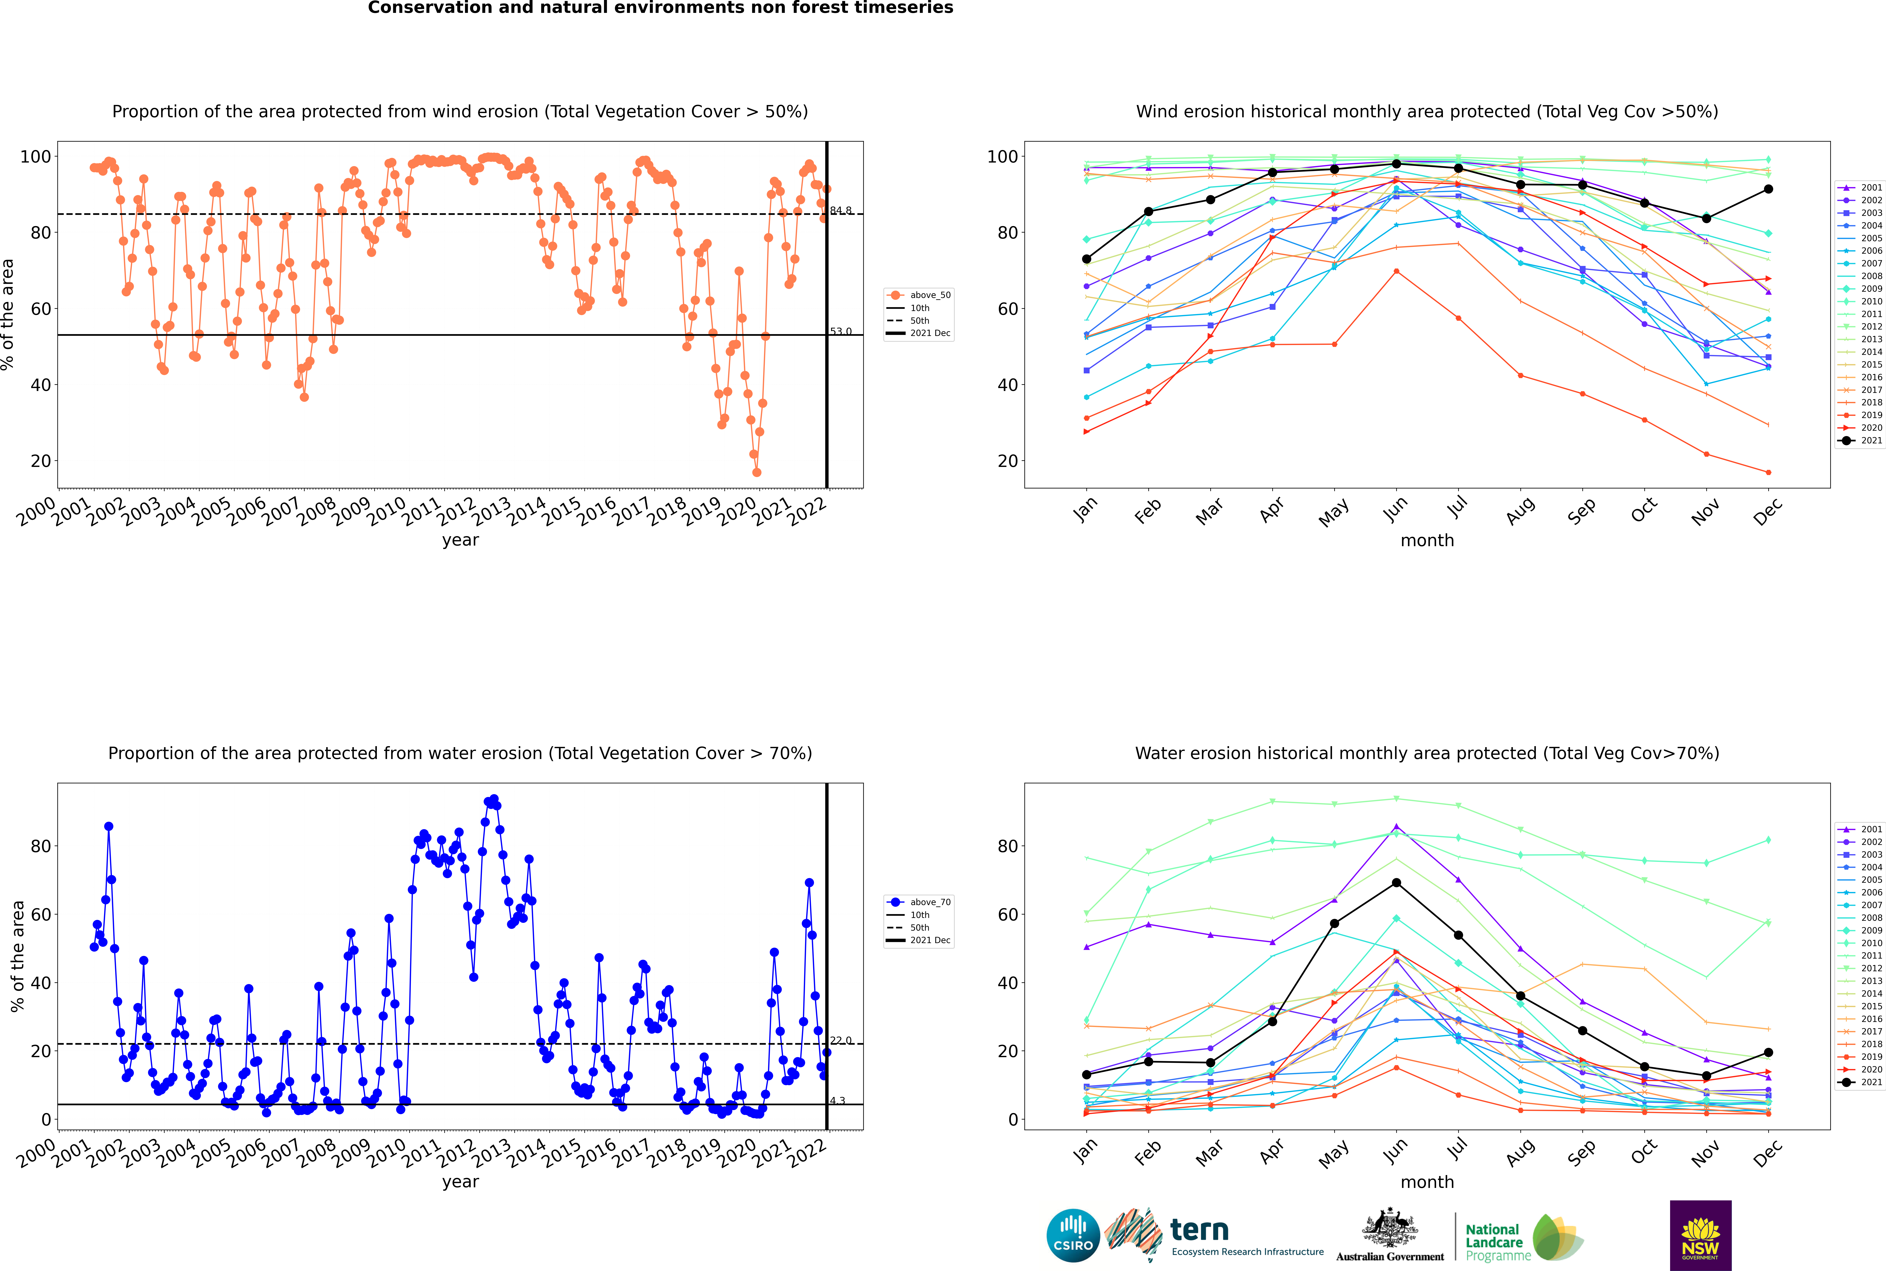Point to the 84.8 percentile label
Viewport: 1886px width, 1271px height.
[841, 211]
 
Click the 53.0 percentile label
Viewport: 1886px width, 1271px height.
[841, 332]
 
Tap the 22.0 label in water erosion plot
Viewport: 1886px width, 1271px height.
[841, 1040]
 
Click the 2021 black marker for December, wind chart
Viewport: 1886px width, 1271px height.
[1768, 189]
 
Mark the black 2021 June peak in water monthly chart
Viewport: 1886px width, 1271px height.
[1396, 883]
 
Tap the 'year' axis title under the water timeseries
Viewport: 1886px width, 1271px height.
[461, 1182]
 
